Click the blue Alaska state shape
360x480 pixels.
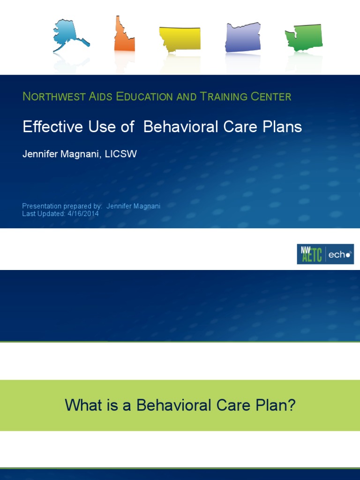(68, 35)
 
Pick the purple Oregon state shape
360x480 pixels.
(242, 37)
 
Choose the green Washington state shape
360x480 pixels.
(304, 37)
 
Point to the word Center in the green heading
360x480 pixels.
(270, 97)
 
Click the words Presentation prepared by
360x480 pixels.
(62, 206)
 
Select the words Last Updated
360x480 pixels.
(39, 214)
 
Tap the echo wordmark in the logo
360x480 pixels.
(340, 255)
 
